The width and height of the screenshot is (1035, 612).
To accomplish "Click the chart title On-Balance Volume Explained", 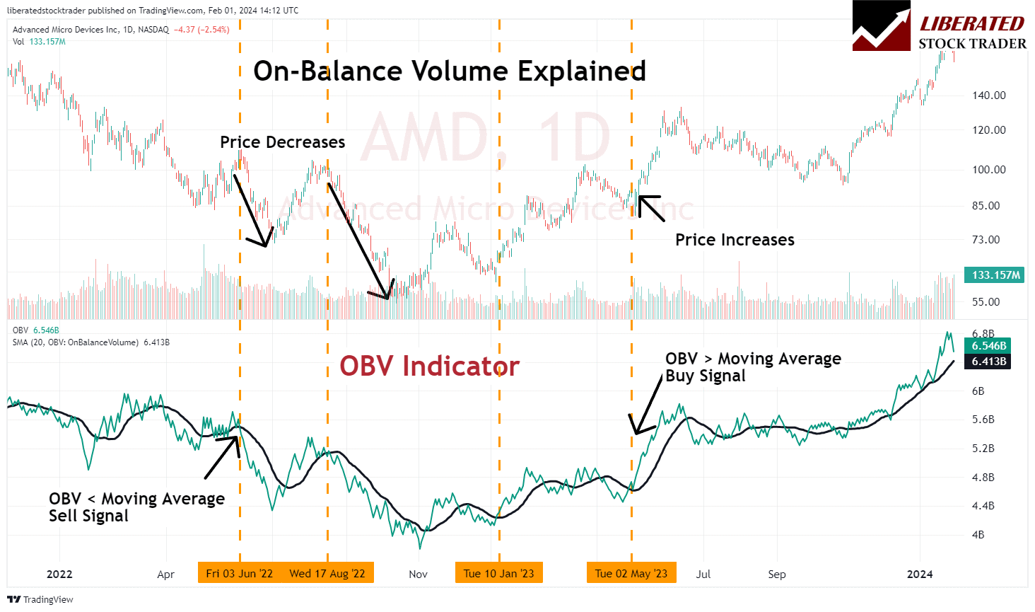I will click(450, 71).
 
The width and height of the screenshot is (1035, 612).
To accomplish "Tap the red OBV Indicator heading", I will click(429, 366).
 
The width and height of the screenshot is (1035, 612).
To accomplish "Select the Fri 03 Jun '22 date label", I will click(239, 573).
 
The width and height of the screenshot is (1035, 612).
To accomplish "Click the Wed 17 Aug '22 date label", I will click(327, 573).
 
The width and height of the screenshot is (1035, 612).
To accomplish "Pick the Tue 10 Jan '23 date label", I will click(498, 573).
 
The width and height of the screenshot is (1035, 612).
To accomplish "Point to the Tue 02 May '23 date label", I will click(631, 573).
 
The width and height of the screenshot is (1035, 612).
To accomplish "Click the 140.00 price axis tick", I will click(988, 96).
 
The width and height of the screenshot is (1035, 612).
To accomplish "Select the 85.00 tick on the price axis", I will click(986, 206).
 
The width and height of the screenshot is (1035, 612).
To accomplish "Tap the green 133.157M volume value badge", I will click(995, 275).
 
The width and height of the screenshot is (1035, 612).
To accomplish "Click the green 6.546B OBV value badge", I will click(989, 346).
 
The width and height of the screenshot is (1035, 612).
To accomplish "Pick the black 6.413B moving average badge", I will click(989, 362).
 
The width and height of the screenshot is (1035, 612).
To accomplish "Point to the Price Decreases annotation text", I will click(282, 142).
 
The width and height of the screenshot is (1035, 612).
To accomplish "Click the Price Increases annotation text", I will click(735, 240).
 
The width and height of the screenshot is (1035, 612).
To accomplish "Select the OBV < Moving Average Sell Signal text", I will click(136, 507).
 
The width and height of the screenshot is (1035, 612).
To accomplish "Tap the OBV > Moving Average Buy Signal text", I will click(753, 367).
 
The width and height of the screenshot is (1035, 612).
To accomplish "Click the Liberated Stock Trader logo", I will click(939, 27).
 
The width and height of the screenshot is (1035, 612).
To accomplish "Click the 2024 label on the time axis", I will click(919, 574).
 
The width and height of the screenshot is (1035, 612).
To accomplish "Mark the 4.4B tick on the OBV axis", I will click(983, 506).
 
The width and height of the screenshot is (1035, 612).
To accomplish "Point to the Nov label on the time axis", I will click(418, 574).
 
